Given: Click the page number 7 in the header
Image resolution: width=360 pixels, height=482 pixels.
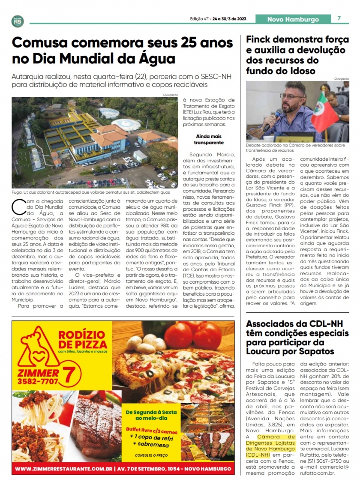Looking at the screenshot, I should tap(339, 18).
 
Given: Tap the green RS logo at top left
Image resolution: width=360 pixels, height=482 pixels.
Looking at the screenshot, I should tap(18, 21).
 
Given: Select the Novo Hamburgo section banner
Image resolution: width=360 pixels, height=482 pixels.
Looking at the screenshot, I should tap(293, 19).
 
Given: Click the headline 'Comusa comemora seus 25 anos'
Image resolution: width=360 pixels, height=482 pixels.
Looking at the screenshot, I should tap(122, 43).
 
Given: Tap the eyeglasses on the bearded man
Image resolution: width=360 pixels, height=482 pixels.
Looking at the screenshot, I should tap(291, 96).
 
